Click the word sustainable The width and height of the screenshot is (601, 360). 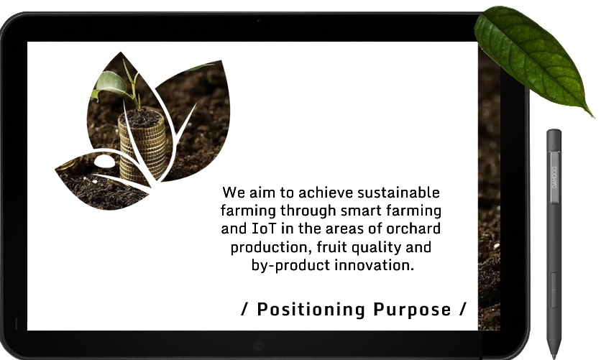coord(398,193)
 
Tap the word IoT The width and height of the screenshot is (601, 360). coord(264,229)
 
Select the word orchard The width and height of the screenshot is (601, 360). coord(413,229)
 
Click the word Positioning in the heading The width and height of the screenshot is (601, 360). coord(311,310)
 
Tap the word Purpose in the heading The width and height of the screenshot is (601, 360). coord(412,310)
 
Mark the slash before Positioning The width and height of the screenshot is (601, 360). coord(244,309)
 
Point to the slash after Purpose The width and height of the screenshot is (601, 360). coord(463,309)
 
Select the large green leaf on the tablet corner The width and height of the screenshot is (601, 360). coord(533,57)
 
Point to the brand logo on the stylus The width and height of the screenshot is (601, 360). coord(554,177)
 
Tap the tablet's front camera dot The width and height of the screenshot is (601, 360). coord(258,21)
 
